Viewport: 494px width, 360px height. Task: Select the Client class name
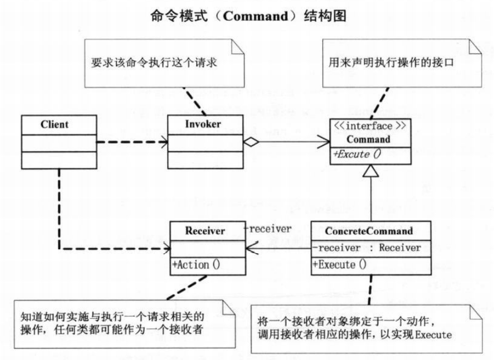[54, 124]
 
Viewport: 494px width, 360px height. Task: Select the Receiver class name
[205, 231]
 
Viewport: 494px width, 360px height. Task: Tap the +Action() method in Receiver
[196, 264]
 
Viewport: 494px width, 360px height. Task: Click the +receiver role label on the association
[267, 229]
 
